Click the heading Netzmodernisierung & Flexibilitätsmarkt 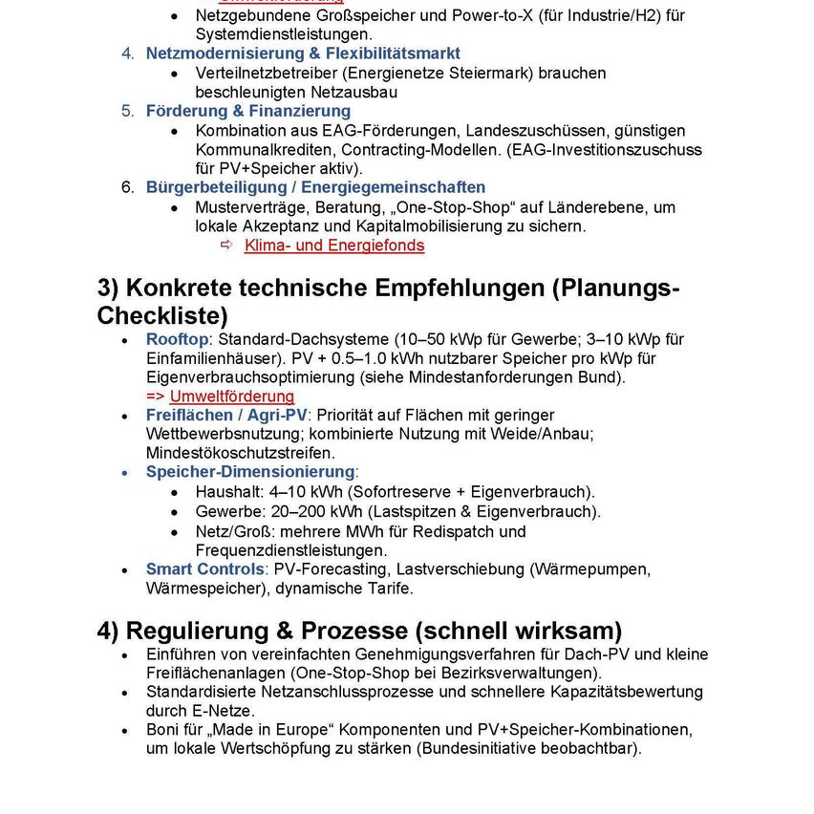(303, 54)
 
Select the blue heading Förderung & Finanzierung (247, 111)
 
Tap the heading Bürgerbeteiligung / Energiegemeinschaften (315, 187)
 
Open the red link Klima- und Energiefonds (334, 246)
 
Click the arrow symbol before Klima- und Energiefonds (227, 246)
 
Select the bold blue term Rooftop (177, 339)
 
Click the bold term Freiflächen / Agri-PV (226, 416)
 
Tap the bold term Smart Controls (204, 569)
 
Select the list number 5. (127, 111)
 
